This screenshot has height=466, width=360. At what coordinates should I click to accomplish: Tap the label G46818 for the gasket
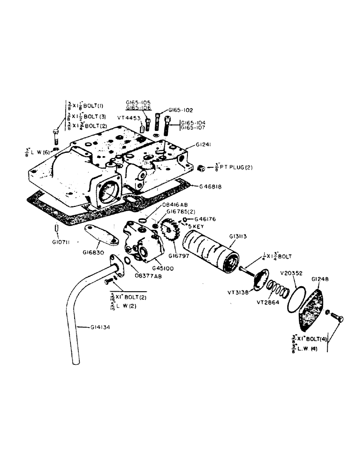pos(211,186)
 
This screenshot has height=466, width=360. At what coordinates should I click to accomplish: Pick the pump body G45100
pos(142,240)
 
